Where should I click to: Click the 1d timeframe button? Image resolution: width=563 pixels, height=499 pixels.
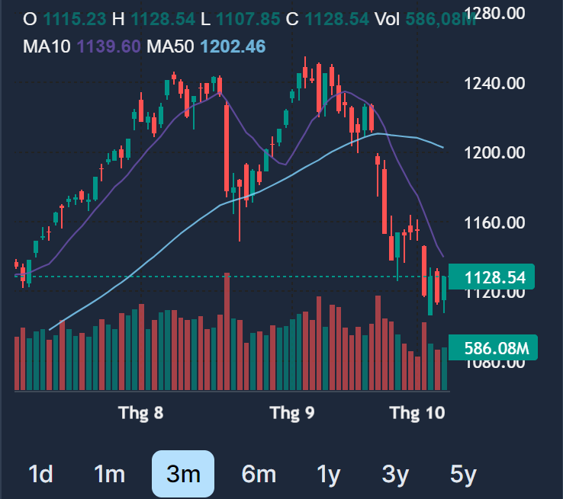[x=40, y=475]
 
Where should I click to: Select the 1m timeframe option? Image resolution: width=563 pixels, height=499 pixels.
[x=109, y=475]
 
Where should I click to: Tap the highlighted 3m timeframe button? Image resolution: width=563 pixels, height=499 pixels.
[x=183, y=474]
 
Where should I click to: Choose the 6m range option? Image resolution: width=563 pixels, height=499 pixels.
[x=258, y=475]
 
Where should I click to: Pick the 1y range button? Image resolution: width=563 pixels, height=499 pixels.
[x=328, y=475]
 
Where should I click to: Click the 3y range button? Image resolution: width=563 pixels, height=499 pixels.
[x=395, y=475]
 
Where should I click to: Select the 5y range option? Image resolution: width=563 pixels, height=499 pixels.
[x=463, y=475]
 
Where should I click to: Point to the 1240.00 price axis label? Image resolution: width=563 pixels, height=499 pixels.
[x=495, y=83]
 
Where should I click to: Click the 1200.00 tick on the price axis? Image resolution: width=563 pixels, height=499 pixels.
[x=495, y=153]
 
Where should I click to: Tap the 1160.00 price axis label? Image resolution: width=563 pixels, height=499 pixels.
[x=495, y=223]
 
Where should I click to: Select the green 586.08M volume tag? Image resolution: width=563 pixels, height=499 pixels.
[x=496, y=349]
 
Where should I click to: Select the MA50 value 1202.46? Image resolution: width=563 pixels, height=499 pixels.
[x=233, y=46]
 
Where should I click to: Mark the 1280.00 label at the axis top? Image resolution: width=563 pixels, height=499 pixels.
[x=495, y=13]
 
